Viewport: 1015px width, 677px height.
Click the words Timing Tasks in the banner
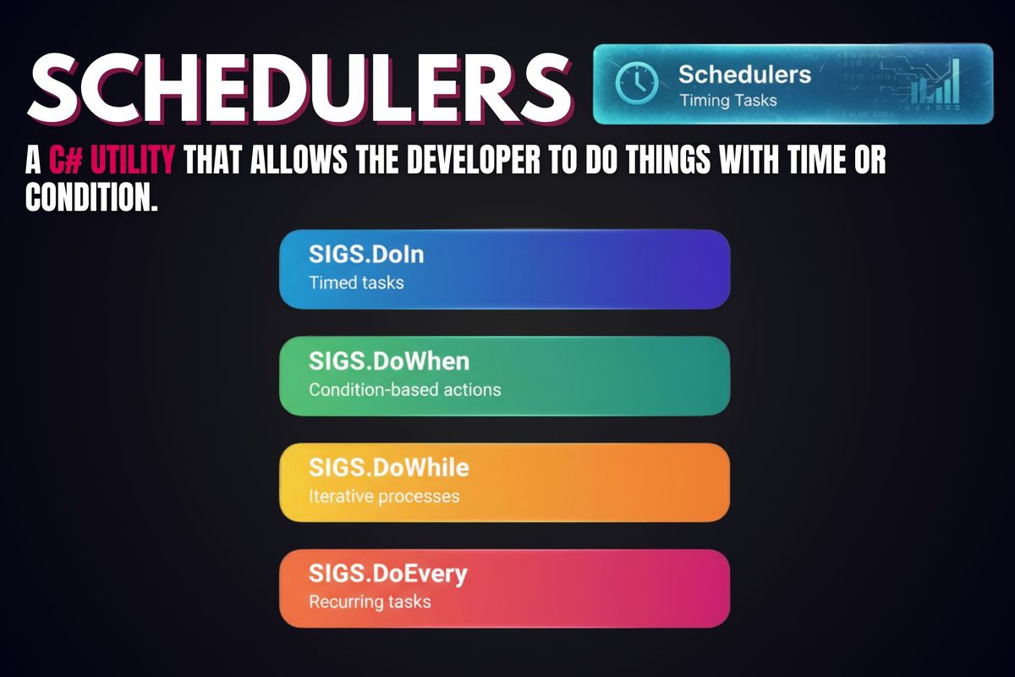coord(727,99)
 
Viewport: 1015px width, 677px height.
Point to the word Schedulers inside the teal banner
coord(744,74)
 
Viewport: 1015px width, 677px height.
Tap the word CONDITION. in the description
coord(92,197)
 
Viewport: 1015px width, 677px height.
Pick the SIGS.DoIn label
coord(351,254)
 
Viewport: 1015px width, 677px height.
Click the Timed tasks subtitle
coord(356,282)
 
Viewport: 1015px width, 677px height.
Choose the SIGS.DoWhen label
coord(376,361)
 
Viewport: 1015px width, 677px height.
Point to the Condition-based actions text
coord(404,389)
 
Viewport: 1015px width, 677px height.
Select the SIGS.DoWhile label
coord(376,467)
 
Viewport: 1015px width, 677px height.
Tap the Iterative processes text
coord(383,495)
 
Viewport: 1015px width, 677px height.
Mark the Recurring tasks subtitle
coord(370,602)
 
